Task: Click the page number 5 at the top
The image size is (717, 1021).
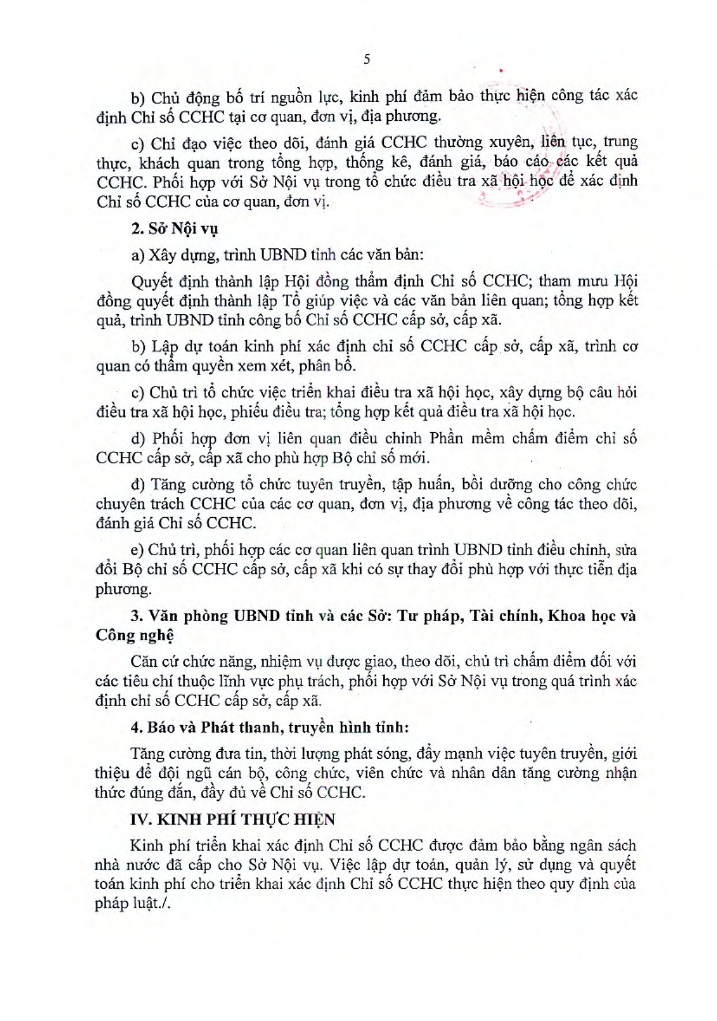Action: [x=367, y=60]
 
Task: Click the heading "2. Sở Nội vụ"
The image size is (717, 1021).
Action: [x=174, y=229]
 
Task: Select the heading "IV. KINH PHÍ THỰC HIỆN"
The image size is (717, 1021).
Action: [x=233, y=819]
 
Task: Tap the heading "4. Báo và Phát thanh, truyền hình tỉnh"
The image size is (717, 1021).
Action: [x=270, y=727]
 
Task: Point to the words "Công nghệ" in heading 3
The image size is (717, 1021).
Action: [x=135, y=636]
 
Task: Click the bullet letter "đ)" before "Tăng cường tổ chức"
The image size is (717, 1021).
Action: [x=139, y=484]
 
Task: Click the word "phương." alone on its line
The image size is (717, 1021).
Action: [x=123, y=589]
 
